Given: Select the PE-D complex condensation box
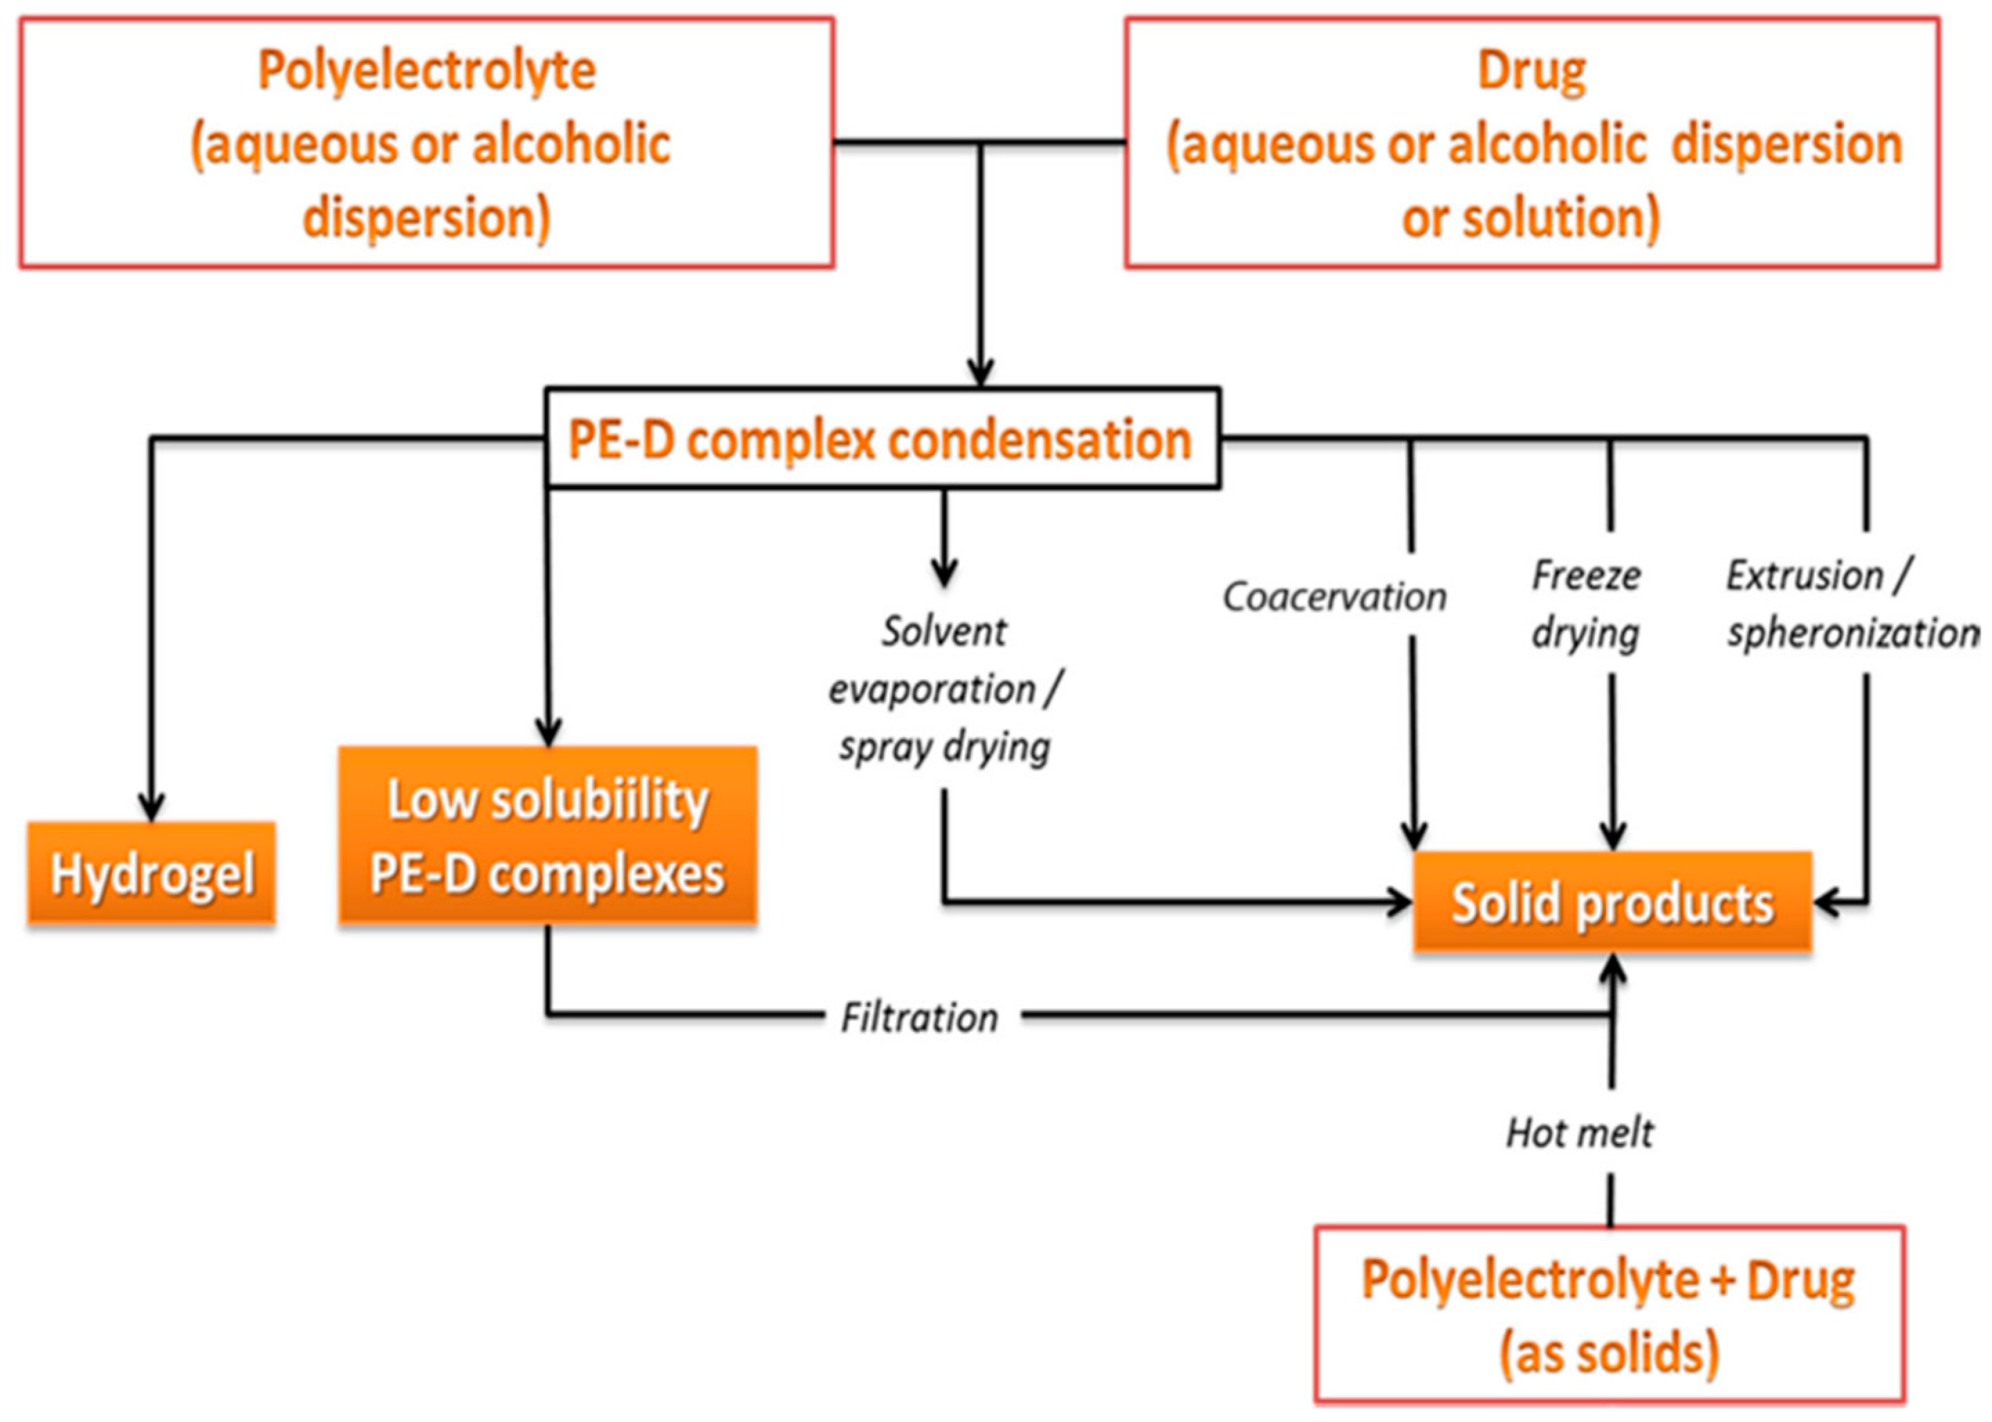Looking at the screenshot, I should click(x=881, y=438).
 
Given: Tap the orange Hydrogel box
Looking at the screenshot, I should click(x=151, y=874).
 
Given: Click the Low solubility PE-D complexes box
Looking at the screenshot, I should click(x=547, y=836).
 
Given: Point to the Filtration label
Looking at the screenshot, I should click(x=919, y=1017).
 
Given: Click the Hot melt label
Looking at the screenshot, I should click(x=1580, y=1133).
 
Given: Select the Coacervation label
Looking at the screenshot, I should click(x=1334, y=597).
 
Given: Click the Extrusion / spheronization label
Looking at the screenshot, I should click(x=1850, y=604).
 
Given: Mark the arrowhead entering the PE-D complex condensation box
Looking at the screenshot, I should click(x=980, y=371).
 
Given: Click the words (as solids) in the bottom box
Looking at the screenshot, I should click(x=1610, y=1354).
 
